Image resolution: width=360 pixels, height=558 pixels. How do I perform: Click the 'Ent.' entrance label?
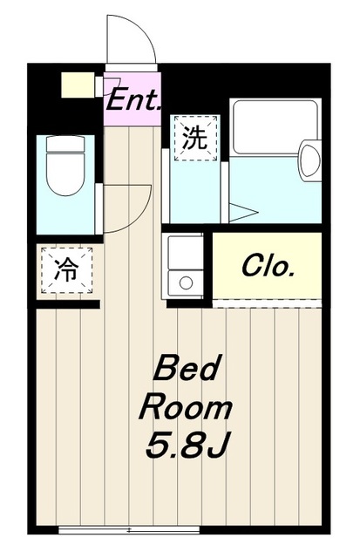click(132, 99)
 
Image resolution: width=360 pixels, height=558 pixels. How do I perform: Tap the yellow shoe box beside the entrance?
click(77, 85)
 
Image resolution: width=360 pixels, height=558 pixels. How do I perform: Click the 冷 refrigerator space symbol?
click(65, 270)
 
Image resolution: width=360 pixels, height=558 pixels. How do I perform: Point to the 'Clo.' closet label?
click(267, 265)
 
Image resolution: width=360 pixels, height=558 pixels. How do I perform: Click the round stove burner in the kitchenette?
click(184, 281)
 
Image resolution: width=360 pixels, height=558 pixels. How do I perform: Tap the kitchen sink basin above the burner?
click(184, 253)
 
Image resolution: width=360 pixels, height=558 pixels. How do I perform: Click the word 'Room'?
click(187, 407)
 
